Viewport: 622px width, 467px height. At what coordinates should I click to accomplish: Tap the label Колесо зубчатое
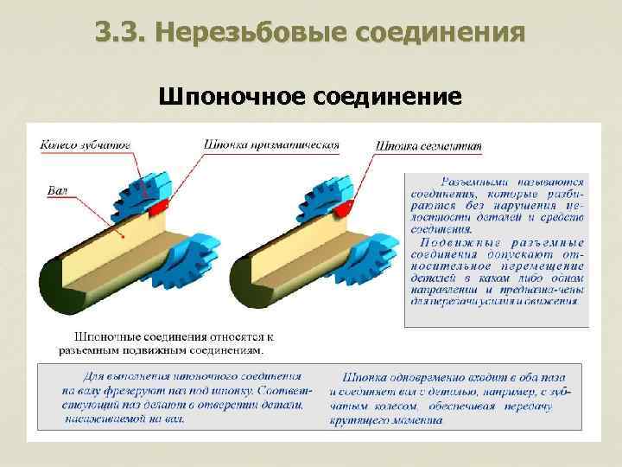(85, 145)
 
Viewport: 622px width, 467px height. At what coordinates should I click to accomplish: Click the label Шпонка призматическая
(271, 145)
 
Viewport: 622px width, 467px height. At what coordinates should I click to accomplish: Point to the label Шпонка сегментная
(428, 146)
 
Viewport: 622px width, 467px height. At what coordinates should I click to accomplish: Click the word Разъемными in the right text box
(476, 182)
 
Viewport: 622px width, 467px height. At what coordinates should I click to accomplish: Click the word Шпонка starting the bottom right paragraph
(363, 377)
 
